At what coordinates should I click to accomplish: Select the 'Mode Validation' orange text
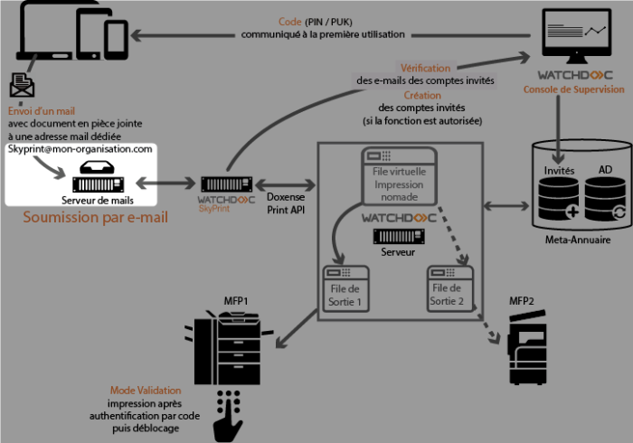coord(138,390)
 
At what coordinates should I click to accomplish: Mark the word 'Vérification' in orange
coord(425,68)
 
